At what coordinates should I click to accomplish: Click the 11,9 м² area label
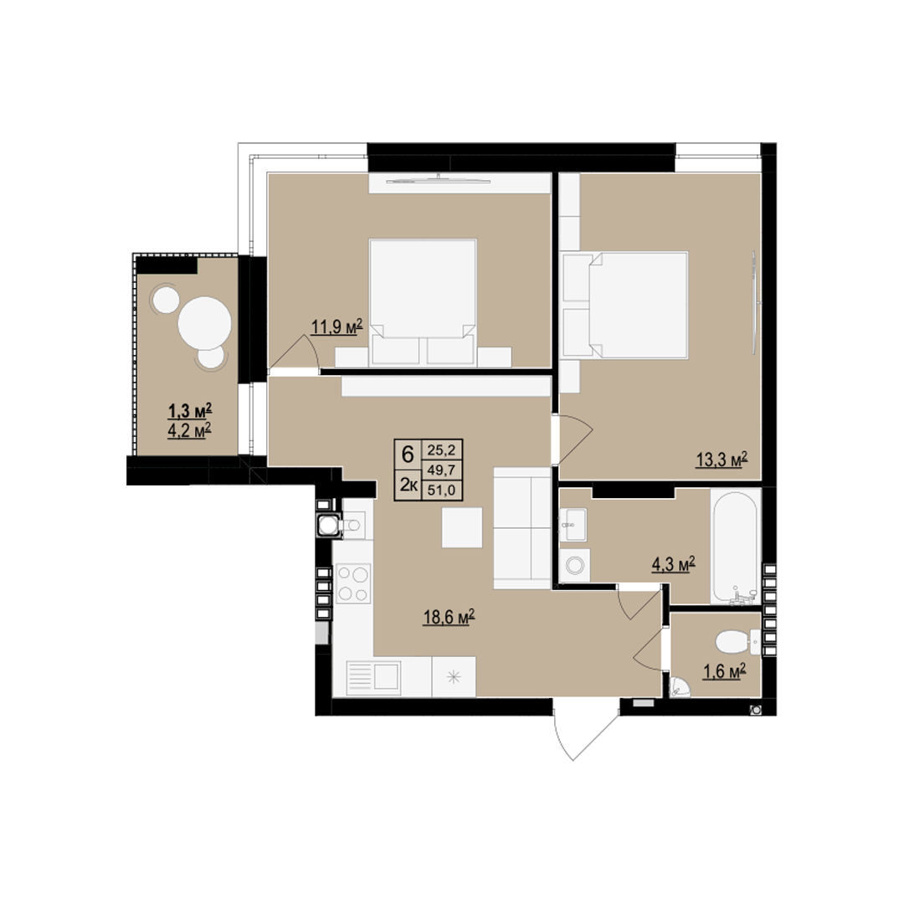[336, 327]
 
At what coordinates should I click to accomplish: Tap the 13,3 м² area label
[722, 460]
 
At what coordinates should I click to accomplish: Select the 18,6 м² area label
[449, 617]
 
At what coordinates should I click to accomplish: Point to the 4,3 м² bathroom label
[673, 564]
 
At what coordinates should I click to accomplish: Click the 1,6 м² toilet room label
[724, 671]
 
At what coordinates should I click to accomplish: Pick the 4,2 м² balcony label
[189, 430]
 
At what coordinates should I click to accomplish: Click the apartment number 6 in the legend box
[408, 455]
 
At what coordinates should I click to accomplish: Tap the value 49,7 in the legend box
[442, 470]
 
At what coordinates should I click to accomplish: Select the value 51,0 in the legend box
[442, 490]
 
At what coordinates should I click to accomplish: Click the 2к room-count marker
[408, 485]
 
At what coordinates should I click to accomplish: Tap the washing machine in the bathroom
[574, 565]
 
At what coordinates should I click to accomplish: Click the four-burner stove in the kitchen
[353, 583]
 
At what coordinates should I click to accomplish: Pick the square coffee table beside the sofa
[462, 527]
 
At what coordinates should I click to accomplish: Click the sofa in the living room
[522, 528]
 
